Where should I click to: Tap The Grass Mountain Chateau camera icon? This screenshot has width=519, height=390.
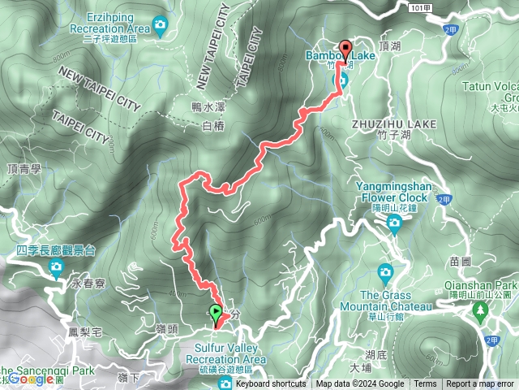click(x=385, y=271)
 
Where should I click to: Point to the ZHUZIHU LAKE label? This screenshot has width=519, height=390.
click(x=395, y=124)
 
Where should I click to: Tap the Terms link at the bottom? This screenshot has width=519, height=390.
click(x=425, y=384)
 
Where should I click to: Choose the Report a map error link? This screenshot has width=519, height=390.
click(x=480, y=384)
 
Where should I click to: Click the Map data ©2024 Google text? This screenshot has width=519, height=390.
click(x=360, y=384)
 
